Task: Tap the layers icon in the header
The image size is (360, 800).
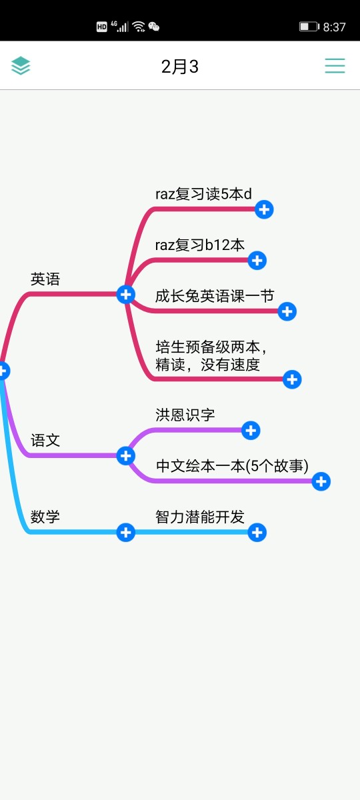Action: [x=21, y=66]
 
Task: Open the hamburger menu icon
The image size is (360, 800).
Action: [x=335, y=66]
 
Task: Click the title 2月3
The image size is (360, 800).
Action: [x=179, y=67]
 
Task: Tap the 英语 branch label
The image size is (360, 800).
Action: [x=45, y=279]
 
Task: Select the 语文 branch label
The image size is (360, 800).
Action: [x=45, y=440]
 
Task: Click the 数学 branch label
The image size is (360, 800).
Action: [x=45, y=517]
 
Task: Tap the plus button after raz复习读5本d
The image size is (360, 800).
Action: [x=264, y=209]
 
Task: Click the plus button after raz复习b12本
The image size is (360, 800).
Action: [x=257, y=261]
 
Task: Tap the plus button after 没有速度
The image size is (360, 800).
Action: [x=292, y=379]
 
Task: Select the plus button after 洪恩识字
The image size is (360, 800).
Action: [x=251, y=431]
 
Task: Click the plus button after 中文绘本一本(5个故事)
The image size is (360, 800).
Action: [x=321, y=481]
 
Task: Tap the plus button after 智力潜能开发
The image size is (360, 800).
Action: [x=257, y=533]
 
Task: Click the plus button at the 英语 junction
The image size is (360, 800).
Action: [x=126, y=295]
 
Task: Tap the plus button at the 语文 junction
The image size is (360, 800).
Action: [x=126, y=456]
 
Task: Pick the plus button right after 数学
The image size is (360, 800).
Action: [x=126, y=533]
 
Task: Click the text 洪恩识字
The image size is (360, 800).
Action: [x=185, y=415]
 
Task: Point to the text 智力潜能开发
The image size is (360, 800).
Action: [x=200, y=517]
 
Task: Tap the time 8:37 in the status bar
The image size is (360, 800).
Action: [x=334, y=27]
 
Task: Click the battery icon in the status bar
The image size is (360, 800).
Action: [x=309, y=27]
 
